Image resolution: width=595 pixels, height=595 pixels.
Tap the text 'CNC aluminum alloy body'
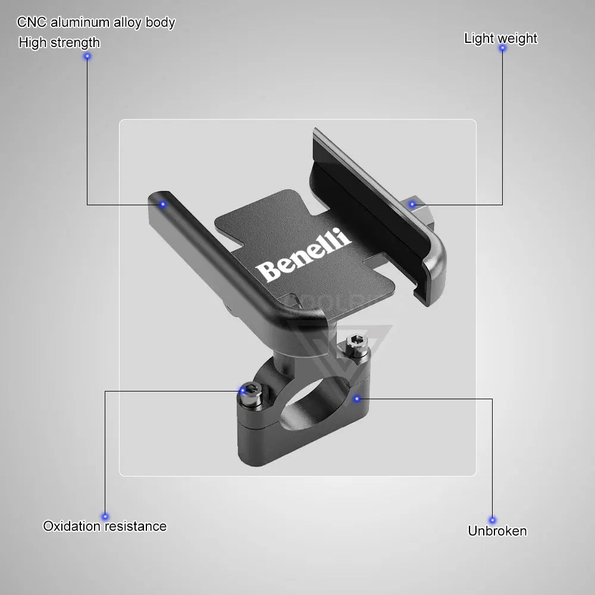tap(96, 23)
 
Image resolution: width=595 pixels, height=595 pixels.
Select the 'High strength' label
tap(59, 42)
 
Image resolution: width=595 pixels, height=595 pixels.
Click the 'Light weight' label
tap(500, 38)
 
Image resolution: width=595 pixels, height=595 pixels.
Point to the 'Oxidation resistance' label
tap(105, 526)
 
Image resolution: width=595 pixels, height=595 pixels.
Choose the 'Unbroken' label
tap(497, 531)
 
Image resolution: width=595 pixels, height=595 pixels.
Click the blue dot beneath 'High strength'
tap(87, 57)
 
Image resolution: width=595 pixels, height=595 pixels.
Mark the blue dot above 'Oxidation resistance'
tap(105, 516)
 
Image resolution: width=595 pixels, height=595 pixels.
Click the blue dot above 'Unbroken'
tap(492, 520)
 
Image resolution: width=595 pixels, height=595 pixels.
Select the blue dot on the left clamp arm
tap(162, 204)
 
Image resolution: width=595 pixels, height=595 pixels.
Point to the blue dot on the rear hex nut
tap(412, 205)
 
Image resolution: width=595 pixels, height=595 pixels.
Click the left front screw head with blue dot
tap(250, 390)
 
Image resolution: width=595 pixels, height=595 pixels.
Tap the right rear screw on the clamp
tap(355, 345)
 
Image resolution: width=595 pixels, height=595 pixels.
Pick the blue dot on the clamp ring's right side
tap(356, 398)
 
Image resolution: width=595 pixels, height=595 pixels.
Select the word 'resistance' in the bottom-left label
tap(137, 526)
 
